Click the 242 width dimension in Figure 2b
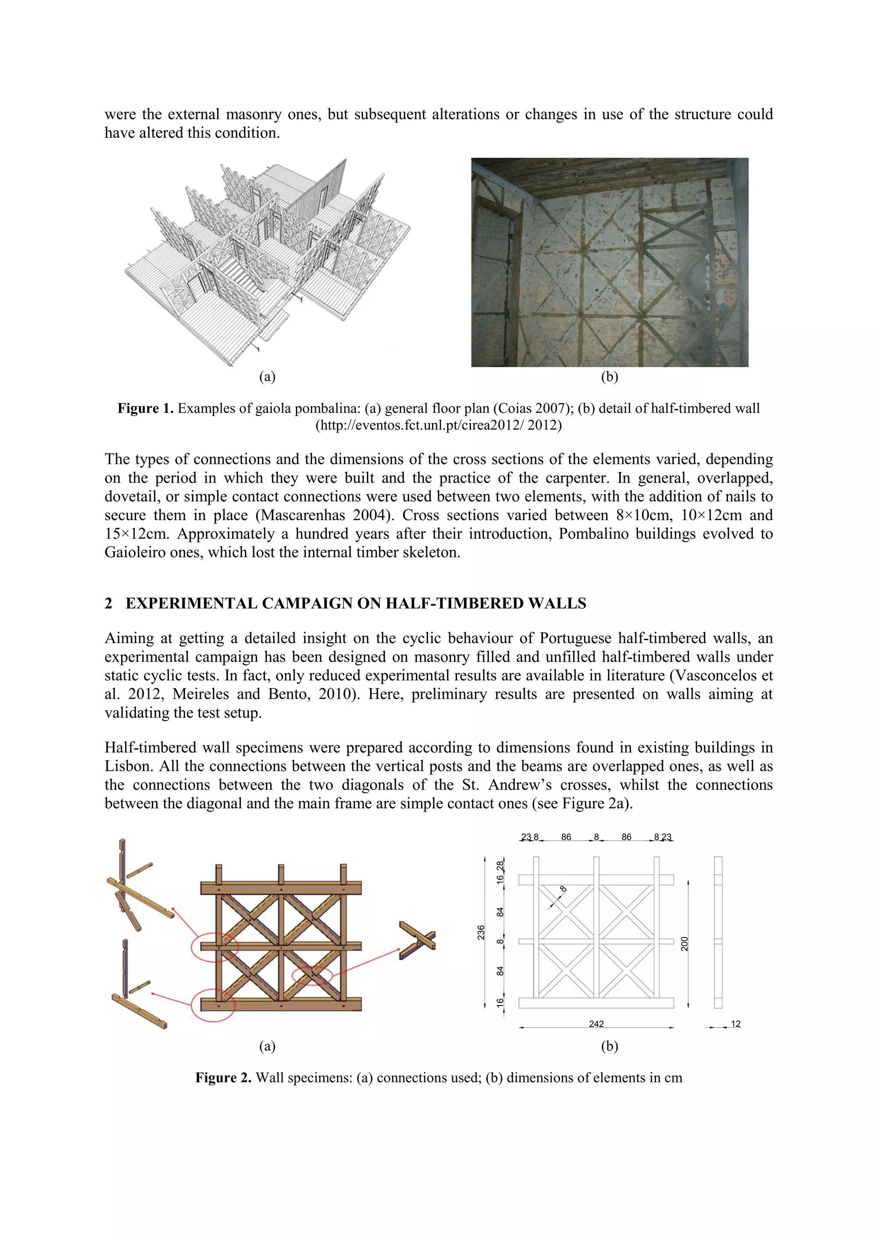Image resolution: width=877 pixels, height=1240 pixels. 596,1023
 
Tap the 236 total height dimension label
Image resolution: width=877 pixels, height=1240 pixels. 481,932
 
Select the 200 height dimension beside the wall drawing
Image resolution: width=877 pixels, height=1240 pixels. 685,943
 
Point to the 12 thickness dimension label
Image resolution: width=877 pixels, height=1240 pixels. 735,1023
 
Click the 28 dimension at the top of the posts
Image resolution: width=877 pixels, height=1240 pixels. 500,865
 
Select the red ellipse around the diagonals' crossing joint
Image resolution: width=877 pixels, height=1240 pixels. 312,975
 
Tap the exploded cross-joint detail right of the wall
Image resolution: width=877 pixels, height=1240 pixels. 417,940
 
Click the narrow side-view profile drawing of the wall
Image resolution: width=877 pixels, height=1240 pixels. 718,932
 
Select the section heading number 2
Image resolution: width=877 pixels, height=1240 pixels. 109,603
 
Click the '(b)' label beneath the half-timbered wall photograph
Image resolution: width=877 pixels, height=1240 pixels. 609,377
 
